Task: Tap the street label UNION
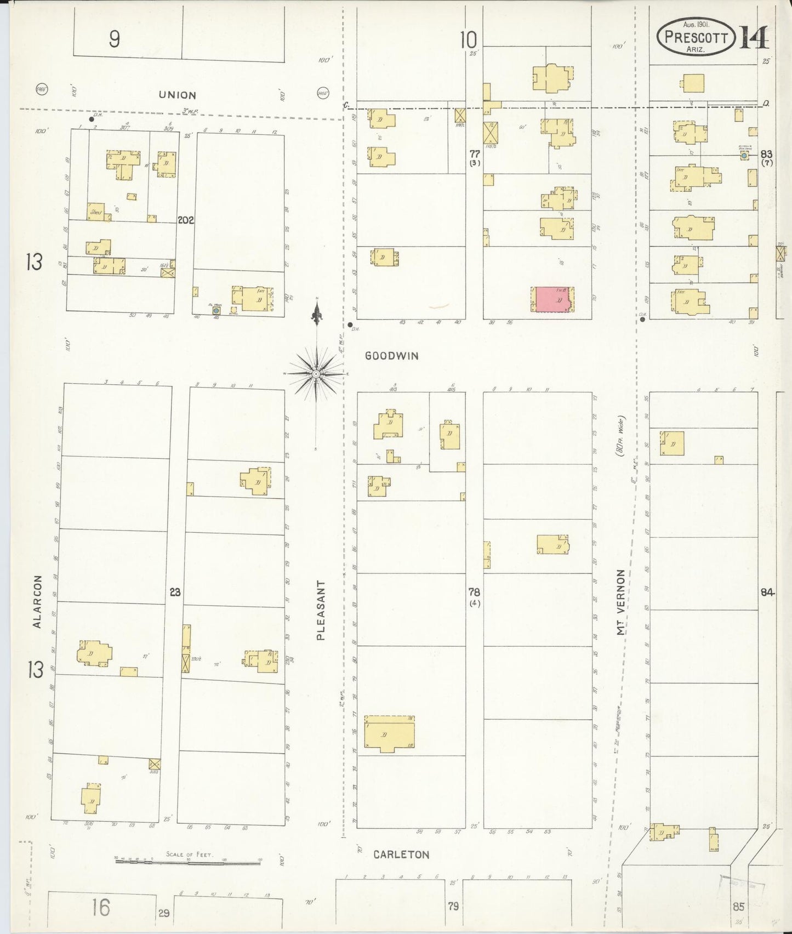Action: pos(178,95)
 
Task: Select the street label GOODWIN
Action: pos(392,356)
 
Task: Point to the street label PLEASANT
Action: pos(321,610)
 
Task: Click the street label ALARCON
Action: pos(37,601)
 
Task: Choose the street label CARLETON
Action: pos(401,855)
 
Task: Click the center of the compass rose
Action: pos(317,374)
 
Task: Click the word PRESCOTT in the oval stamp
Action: pos(696,37)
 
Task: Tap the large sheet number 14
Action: pos(754,37)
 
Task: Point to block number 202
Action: pos(186,220)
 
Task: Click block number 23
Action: pos(175,592)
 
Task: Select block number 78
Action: pos(474,592)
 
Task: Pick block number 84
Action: pos(767,592)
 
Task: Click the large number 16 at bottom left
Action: pos(101,907)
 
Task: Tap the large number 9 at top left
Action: pos(114,38)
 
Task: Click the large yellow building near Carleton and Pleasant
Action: pos(389,734)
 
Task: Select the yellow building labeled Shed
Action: pos(96,212)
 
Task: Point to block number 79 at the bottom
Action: pos(453,906)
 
